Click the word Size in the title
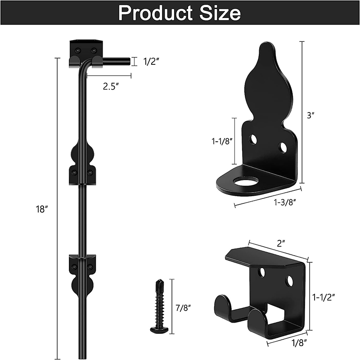point(220,13)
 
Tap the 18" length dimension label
point(42,209)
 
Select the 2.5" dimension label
point(111,86)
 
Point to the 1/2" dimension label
point(151,62)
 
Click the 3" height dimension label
point(310,115)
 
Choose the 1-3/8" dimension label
point(284,202)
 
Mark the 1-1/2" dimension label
point(324,297)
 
